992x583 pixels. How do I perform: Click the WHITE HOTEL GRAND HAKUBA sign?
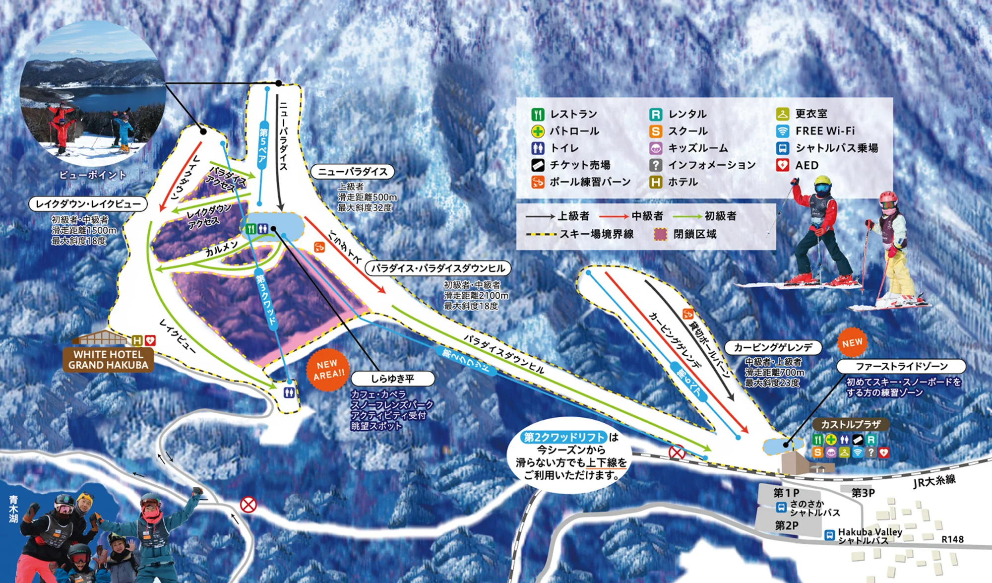click(108, 360)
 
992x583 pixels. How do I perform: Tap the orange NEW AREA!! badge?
click(328, 370)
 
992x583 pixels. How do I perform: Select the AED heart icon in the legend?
click(782, 165)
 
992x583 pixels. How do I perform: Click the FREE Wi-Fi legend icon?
click(782, 131)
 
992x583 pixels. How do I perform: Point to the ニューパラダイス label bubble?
click(352, 172)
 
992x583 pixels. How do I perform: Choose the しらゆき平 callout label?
click(392, 379)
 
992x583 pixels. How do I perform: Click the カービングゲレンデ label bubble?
click(773, 347)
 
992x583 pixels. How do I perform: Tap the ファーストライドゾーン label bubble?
click(901, 366)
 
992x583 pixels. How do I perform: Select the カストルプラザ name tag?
click(851, 424)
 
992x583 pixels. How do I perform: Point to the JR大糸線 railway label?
click(934, 481)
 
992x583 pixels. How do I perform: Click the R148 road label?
click(952, 539)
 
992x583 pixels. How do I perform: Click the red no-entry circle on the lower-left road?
click(248, 505)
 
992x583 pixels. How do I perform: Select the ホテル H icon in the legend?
click(655, 182)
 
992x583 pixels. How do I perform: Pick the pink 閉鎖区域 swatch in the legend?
click(660, 234)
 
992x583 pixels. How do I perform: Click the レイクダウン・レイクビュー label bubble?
click(88, 204)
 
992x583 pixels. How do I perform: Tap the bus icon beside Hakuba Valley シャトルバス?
click(829, 535)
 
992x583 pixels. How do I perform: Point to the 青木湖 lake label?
click(13, 509)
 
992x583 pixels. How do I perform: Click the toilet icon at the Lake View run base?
click(289, 393)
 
